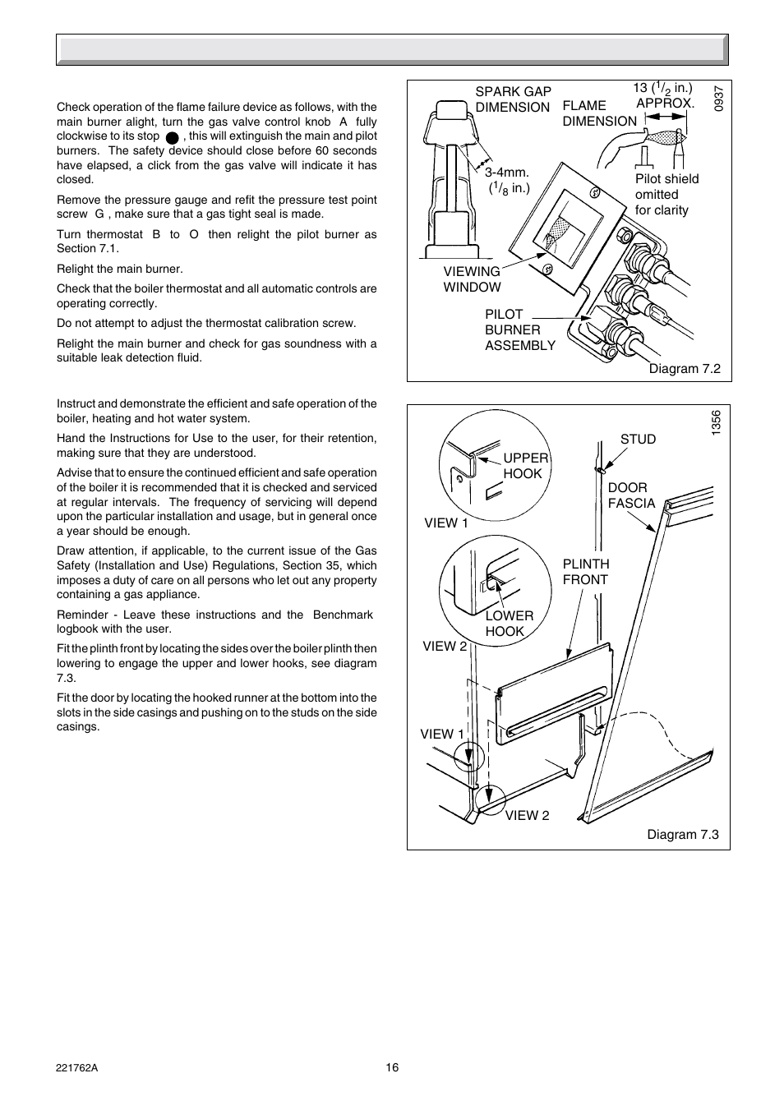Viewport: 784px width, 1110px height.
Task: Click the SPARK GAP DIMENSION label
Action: (x=513, y=99)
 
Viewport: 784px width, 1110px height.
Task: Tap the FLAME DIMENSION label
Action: (x=599, y=113)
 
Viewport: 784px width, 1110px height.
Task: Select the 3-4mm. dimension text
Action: (x=507, y=173)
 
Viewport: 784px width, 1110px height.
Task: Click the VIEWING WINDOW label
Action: (x=472, y=279)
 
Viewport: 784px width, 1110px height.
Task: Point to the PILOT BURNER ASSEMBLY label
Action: (x=519, y=329)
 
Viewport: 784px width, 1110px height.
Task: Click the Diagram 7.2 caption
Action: (x=685, y=368)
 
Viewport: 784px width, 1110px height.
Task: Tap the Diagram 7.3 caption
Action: (x=683, y=834)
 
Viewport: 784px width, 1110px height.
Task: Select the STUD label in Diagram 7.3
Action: (x=638, y=439)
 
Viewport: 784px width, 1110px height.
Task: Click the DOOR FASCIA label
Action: (x=631, y=495)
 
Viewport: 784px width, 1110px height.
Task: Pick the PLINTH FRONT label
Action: (x=586, y=572)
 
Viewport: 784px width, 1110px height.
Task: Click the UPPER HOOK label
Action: (x=524, y=466)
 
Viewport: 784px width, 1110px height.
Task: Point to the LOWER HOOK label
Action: (x=509, y=624)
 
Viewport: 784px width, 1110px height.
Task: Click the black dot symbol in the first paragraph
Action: (x=172, y=137)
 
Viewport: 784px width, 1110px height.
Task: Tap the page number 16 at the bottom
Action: (x=392, y=1067)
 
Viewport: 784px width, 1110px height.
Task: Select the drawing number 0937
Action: (x=718, y=99)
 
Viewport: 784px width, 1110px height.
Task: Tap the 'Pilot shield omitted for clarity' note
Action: (x=666, y=195)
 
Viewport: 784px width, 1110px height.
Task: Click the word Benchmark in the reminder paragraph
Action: (x=343, y=615)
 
